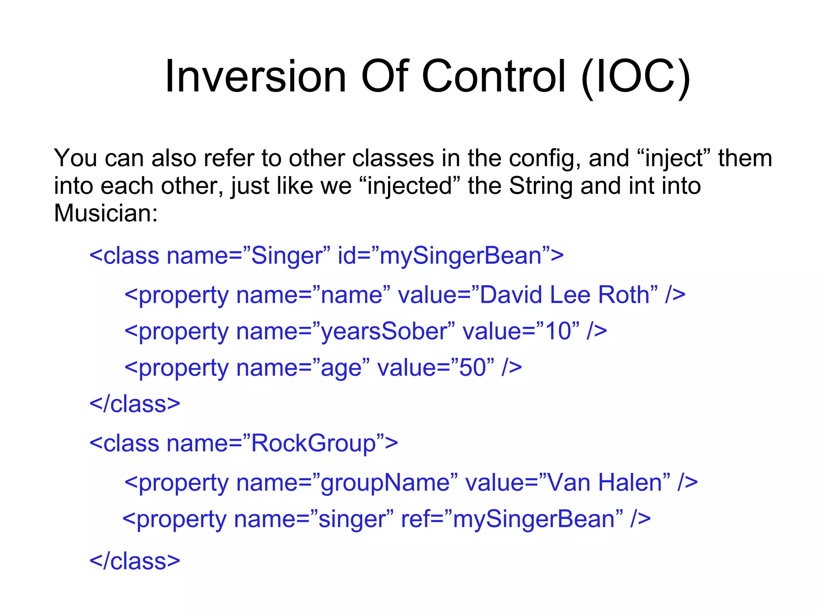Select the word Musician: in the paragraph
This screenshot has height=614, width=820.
coord(106,213)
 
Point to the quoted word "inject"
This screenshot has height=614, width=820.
coord(673,158)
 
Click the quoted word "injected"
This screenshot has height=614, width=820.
coord(410,186)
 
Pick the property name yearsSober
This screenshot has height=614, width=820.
coord(384,332)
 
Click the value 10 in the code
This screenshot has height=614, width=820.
coord(558,332)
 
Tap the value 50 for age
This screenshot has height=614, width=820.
coord(472,368)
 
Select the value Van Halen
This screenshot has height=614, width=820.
coord(605,482)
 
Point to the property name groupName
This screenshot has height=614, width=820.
coord(384,482)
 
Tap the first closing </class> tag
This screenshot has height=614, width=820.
coord(135,404)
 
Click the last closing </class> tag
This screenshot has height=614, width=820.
coord(135,561)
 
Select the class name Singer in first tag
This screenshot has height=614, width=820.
coord(286,256)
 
